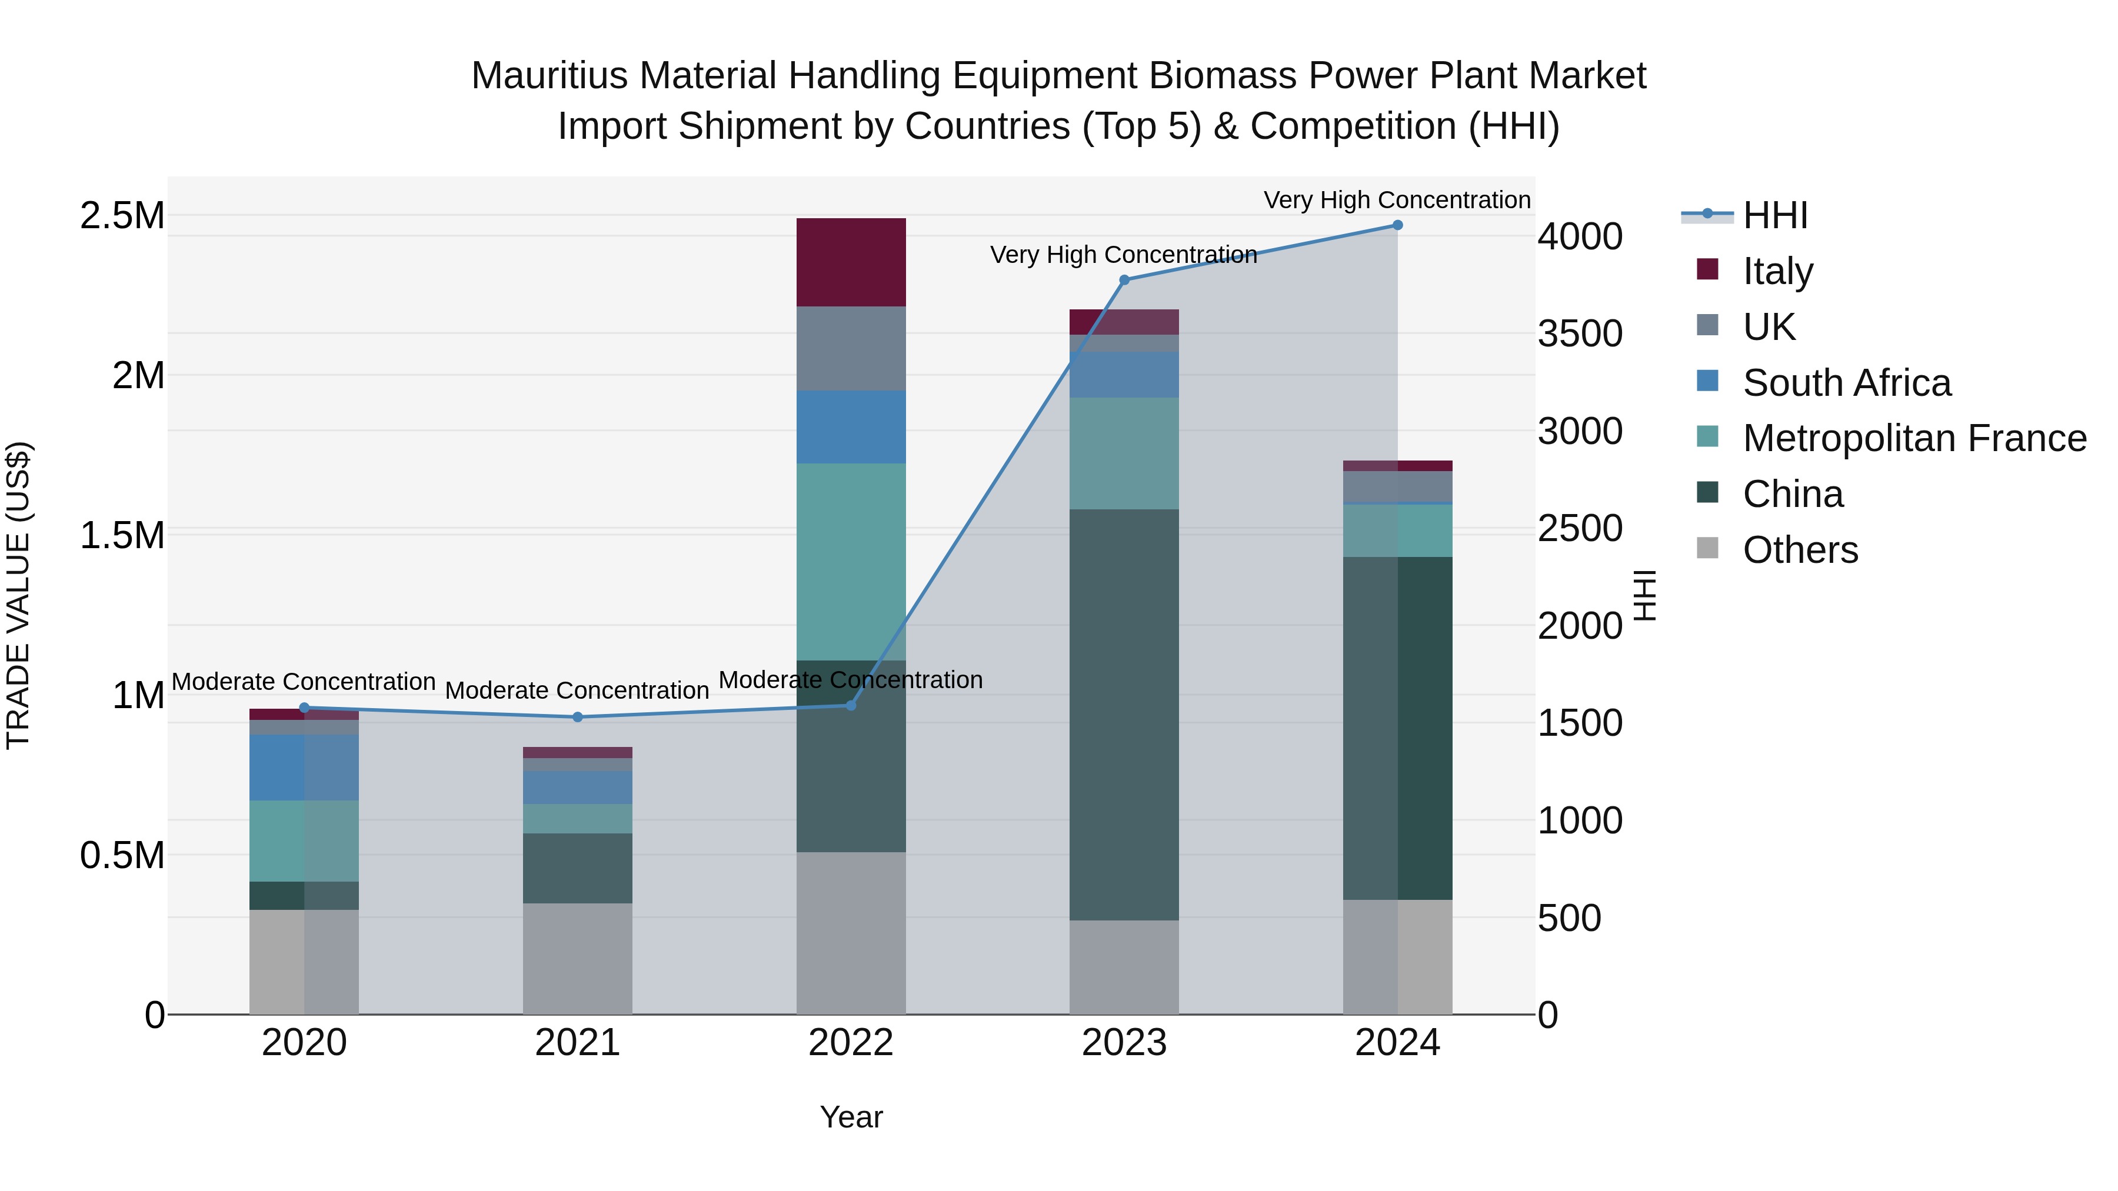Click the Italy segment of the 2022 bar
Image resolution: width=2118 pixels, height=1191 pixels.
point(851,262)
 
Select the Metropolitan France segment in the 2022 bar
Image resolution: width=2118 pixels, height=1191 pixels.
point(851,562)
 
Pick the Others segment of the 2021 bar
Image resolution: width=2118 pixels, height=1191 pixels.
point(577,959)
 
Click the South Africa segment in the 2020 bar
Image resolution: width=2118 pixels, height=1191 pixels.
point(304,767)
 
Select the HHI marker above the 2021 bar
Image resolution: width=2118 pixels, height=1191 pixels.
point(577,717)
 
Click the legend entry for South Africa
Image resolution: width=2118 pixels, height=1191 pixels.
point(1846,382)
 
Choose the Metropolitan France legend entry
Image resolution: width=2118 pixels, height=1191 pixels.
point(1914,438)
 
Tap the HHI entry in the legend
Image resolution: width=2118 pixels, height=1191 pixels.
point(1774,215)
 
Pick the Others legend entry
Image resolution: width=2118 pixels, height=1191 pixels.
point(1800,550)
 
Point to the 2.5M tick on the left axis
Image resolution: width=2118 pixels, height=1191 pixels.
point(122,216)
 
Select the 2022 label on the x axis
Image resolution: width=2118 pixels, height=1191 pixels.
point(851,1043)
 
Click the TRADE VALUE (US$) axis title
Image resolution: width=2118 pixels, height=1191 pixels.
point(18,595)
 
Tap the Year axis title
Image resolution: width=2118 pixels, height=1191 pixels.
point(851,1117)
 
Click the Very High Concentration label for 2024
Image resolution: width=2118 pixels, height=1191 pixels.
point(1396,200)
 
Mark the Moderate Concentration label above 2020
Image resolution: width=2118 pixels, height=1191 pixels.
point(304,682)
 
